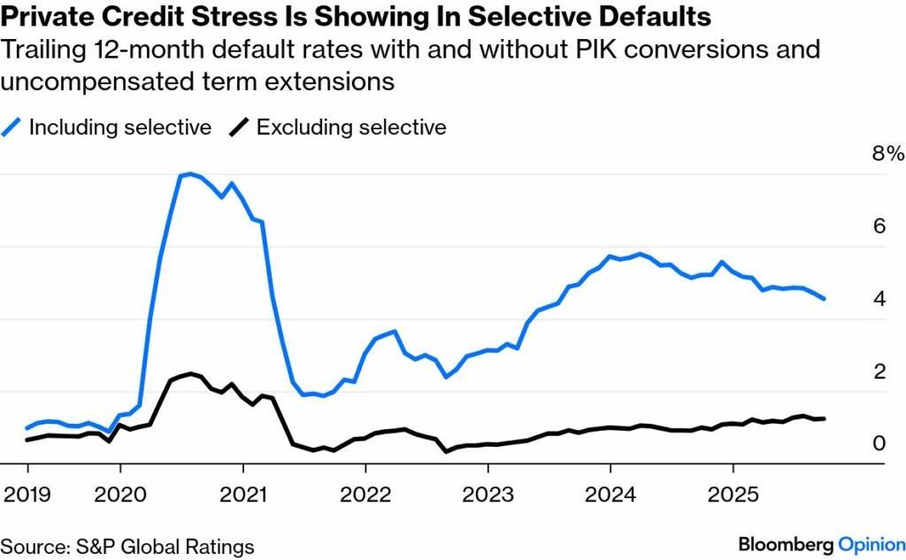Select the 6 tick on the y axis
pyautogui.click(x=879, y=226)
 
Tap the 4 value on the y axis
pyautogui.click(x=879, y=299)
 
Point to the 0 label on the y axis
pyautogui.click(x=879, y=443)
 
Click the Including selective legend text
pyautogui.click(x=120, y=127)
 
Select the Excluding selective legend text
pyautogui.click(x=351, y=127)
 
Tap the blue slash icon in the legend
pyautogui.click(x=12, y=127)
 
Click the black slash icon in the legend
pyautogui.click(x=237, y=127)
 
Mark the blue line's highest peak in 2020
pyautogui.click(x=190, y=173)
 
